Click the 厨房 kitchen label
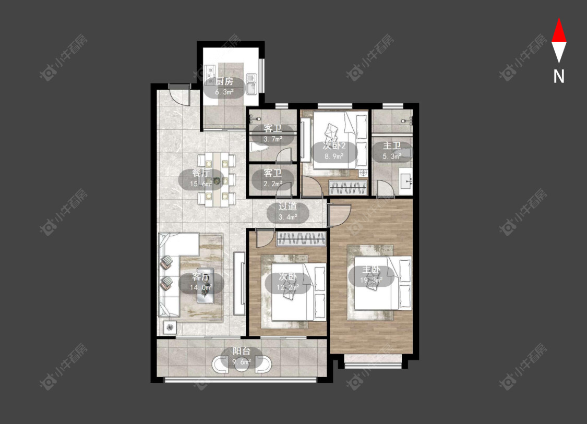[224, 81]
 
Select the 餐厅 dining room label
[201, 173]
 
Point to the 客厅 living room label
[201, 276]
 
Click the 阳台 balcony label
[242, 351]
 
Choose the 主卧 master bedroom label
[371, 270]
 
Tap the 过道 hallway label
[288, 206]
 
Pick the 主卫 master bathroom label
[392, 146]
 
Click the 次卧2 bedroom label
[334, 146]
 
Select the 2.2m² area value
[272, 184]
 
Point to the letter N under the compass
[559, 76]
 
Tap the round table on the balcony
[242, 364]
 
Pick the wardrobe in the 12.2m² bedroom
[301, 239]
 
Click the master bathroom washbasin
[405, 181]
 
